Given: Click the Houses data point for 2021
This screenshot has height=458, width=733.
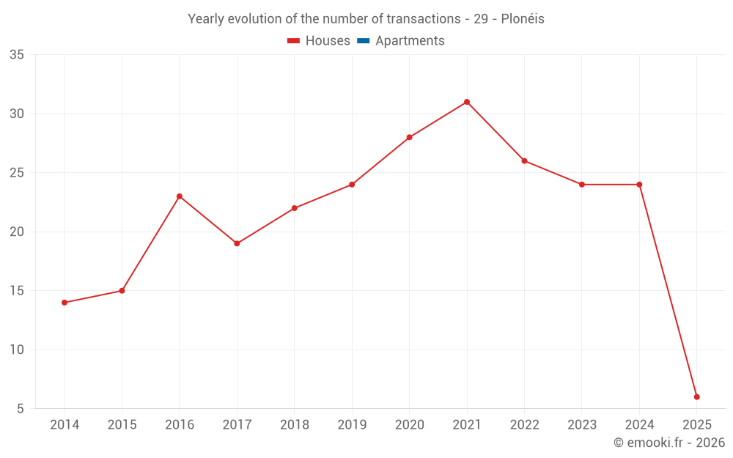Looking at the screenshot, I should click(467, 102).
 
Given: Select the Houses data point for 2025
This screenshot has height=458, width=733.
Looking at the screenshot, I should click(697, 397).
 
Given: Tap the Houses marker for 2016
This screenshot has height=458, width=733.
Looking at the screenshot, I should click(180, 196).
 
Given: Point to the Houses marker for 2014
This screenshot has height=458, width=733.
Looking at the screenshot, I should click(65, 303).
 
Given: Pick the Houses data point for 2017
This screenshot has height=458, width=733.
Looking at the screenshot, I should click(237, 243).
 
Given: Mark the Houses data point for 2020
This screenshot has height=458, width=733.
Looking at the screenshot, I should click(409, 137).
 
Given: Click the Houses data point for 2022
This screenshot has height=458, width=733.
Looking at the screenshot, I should click(524, 161).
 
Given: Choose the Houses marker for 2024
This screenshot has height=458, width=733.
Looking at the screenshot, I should click(639, 185).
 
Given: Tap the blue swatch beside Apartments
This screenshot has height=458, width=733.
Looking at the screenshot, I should click(363, 41).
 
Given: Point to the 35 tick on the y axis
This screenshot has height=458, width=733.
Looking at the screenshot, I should click(17, 55).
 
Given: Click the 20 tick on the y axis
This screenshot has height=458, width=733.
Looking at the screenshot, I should click(17, 232).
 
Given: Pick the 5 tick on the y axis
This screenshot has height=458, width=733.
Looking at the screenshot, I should click(21, 409).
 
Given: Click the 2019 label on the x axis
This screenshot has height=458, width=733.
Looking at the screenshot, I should click(352, 425).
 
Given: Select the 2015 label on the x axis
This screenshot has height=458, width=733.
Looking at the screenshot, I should click(122, 425).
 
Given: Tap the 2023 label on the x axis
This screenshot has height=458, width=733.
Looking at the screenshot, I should click(582, 425).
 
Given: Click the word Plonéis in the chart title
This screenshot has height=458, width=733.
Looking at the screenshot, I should click(523, 19).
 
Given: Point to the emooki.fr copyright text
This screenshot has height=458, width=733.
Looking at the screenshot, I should click(668, 443).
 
